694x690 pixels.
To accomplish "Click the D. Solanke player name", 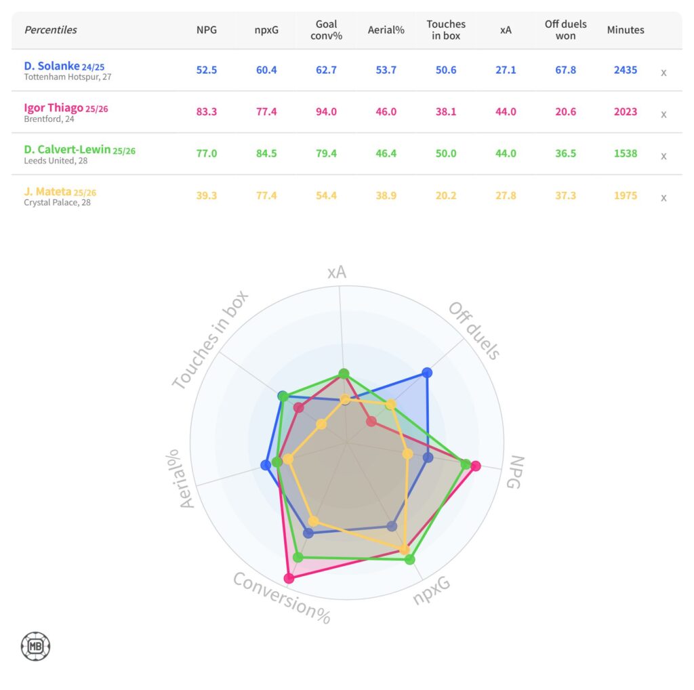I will pos(52,66).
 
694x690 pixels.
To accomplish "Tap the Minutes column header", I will pos(626,30).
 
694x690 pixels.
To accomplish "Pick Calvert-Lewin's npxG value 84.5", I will pos(266,154).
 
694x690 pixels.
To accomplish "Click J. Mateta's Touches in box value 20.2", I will pos(445,196).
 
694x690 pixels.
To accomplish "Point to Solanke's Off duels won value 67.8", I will pos(565,70).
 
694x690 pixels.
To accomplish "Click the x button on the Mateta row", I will pos(664,198).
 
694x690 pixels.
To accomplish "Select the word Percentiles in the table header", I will pos(51,30).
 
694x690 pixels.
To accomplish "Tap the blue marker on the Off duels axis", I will pos(427,372).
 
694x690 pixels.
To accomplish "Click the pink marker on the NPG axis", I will pos(476,466).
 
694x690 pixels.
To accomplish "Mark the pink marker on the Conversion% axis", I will pos(289,578).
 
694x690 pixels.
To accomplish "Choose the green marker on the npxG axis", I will pos(409,559).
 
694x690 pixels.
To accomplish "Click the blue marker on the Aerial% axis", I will pos(266,465).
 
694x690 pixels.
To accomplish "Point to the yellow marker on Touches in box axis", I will pos(321,425).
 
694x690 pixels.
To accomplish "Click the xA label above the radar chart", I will pos(337,272).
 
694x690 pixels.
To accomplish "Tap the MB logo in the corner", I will pos(36,646).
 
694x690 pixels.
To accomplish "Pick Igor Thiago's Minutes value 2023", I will pos(625,112).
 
